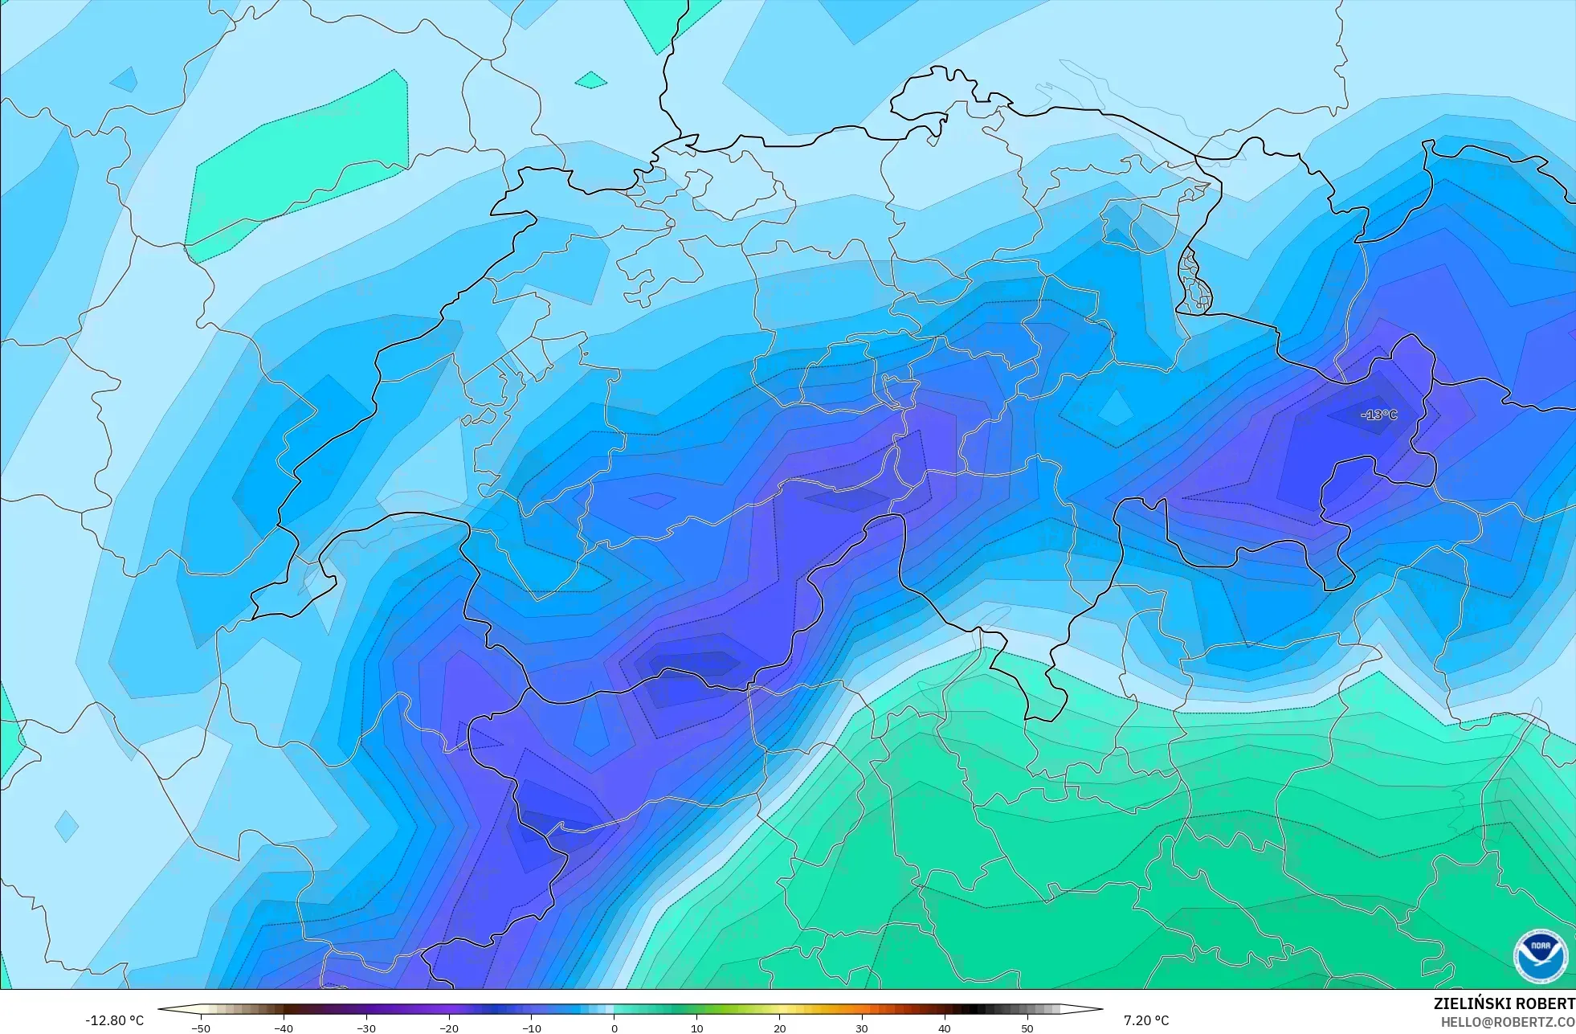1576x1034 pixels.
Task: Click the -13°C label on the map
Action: pyautogui.click(x=1379, y=415)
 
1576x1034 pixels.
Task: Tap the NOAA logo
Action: pyautogui.click(x=1540, y=955)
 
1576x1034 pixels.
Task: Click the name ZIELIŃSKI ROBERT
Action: pyautogui.click(x=1504, y=1003)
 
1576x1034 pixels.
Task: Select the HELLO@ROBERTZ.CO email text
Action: pyautogui.click(x=1507, y=1022)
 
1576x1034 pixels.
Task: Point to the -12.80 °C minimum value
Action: pyautogui.click(x=114, y=1020)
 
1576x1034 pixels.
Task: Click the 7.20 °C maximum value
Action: pyautogui.click(x=1146, y=1020)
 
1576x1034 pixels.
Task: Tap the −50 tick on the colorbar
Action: pyautogui.click(x=201, y=1028)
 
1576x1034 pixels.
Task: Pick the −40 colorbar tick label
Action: pyautogui.click(x=284, y=1028)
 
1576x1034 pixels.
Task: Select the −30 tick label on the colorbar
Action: pyautogui.click(x=366, y=1028)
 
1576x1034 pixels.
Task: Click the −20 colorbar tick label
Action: pyautogui.click(x=449, y=1028)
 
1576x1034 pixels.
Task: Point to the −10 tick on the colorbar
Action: pyautogui.click(x=532, y=1028)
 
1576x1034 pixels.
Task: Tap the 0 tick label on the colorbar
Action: pyautogui.click(x=614, y=1028)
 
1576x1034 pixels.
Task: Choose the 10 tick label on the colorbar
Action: pyautogui.click(x=696, y=1028)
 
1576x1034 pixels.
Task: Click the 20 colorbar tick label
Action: pyautogui.click(x=779, y=1028)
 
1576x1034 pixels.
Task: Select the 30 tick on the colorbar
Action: pyautogui.click(x=862, y=1028)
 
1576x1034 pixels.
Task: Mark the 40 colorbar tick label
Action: pyautogui.click(x=945, y=1028)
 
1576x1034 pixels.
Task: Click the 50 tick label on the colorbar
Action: pyautogui.click(x=1027, y=1028)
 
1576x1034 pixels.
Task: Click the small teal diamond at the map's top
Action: pyautogui.click(x=591, y=80)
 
